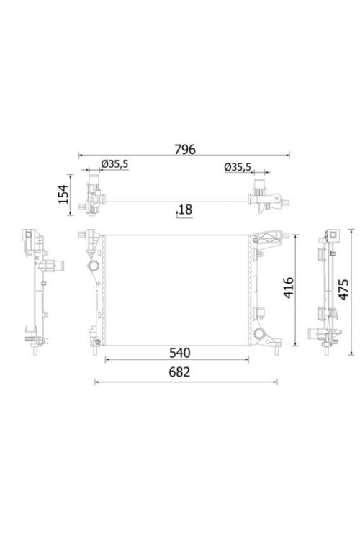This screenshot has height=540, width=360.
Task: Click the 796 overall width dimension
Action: pos(184,150)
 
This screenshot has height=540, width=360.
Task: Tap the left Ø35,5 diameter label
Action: pos(114,164)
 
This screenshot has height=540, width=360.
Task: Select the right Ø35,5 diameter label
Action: pos(238,167)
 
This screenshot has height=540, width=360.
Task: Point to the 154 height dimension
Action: pos(64,194)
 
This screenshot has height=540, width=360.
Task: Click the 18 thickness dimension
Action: pos(185,210)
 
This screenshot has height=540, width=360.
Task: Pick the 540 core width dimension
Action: pos(179,353)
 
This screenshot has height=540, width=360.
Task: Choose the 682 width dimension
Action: pos(179,372)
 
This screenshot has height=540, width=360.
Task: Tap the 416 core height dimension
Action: pos(288,287)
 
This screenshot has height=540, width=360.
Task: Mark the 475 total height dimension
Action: pos(343,289)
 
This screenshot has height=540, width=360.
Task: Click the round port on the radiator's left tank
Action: pos(93,266)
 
